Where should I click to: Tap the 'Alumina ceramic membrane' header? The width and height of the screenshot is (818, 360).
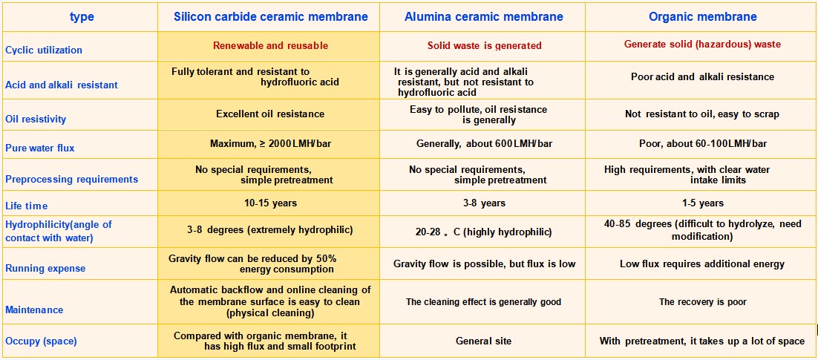coord(482,17)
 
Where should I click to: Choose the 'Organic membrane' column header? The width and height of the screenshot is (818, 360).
coord(702,17)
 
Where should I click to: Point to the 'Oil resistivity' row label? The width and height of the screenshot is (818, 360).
coord(36,119)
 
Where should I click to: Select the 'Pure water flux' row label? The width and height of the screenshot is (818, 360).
coord(40,148)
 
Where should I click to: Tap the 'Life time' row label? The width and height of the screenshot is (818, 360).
coord(27,206)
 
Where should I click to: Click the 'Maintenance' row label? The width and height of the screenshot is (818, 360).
coord(34,310)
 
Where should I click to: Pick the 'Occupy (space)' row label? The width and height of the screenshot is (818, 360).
coord(41,341)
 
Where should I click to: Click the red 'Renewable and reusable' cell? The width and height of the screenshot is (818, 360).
coord(270,45)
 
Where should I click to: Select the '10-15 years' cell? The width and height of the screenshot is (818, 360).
coord(270,203)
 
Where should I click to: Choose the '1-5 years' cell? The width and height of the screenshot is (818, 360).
coord(702,203)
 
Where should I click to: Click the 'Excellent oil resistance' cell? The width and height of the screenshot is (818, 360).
coord(270,114)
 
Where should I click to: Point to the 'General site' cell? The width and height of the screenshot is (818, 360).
coord(483,341)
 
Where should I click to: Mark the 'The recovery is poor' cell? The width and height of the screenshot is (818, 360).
coord(702,302)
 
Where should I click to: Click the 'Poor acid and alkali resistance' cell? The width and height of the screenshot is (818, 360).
coord(702,76)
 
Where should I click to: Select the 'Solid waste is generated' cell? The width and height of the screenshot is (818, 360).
coord(484,45)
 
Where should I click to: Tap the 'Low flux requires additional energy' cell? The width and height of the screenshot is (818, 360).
coord(702,264)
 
